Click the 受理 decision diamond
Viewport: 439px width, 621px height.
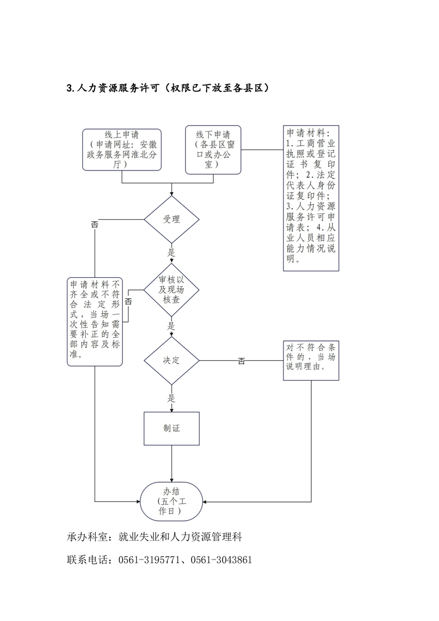tap(171, 219)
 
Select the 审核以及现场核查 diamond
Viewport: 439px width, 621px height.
tap(171, 291)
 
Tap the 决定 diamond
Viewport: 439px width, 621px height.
tap(171, 360)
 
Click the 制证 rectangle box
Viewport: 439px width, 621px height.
tap(171, 428)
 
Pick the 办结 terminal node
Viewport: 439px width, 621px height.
tap(171, 501)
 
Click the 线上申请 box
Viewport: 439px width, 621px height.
tap(121, 149)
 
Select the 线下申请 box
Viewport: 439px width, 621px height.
tap(213, 149)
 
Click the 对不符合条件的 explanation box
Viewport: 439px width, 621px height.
tap(311, 360)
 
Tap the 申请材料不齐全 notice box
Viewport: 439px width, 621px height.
tap(95, 322)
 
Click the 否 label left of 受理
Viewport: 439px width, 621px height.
tap(95, 224)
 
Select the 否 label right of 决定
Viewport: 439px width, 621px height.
tap(241, 361)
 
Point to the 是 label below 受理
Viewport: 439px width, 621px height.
tap(171, 252)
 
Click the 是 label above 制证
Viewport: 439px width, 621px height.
tap(171, 397)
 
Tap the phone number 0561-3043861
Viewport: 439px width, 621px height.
tap(221, 560)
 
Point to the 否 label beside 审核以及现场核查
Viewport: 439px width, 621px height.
tap(128, 302)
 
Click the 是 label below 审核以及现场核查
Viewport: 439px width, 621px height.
tap(171, 325)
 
